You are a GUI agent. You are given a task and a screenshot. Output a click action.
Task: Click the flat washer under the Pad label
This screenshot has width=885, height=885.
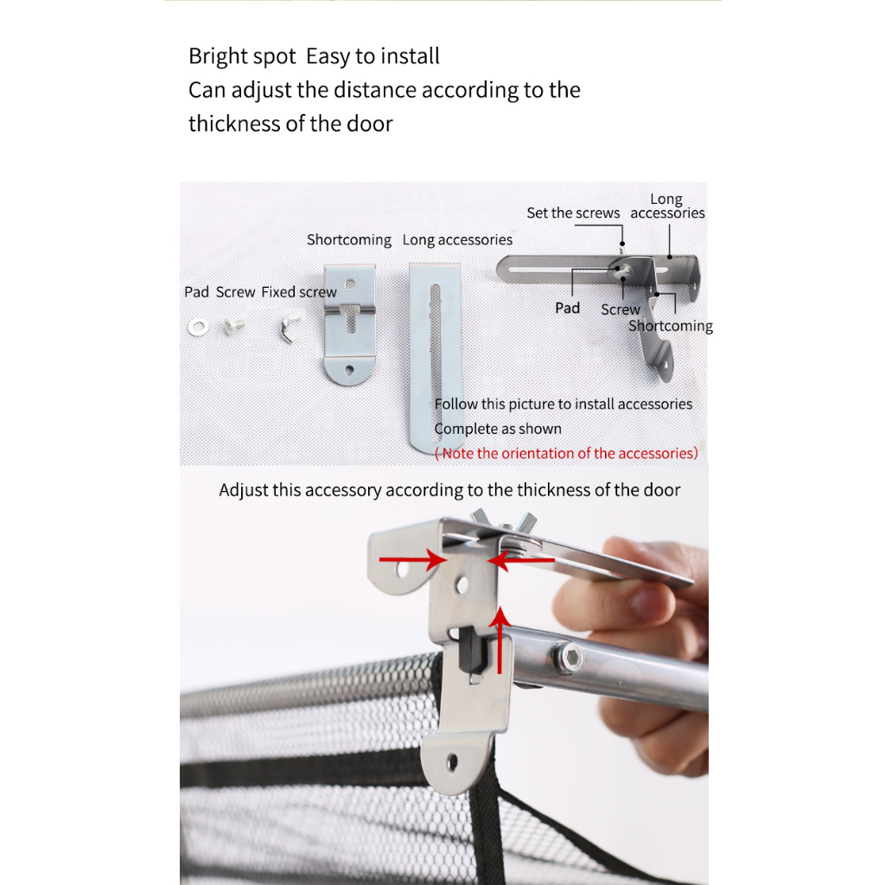(198, 327)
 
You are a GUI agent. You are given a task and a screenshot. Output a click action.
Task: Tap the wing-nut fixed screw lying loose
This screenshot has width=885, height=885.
(289, 328)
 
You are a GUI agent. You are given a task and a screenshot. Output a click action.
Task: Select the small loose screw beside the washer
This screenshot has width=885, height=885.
(233, 326)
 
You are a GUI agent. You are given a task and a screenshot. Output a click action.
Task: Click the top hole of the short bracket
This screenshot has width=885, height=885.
(350, 283)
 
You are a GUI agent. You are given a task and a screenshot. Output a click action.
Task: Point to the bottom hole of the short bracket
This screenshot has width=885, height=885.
(349, 370)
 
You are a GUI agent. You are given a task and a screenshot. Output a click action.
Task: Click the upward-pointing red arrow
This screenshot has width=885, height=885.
(500, 640)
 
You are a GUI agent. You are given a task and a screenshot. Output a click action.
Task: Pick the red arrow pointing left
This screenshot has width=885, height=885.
(520, 560)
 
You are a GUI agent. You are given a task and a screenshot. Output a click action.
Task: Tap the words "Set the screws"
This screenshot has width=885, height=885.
(573, 213)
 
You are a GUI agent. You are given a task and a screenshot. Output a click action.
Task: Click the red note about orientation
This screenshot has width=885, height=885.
(566, 453)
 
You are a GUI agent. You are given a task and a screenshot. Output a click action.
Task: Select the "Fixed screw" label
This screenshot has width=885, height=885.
(298, 292)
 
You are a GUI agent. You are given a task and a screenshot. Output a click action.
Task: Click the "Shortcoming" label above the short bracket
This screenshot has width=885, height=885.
(349, 240)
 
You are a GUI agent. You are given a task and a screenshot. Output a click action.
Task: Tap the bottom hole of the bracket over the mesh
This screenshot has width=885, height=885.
(452, 762)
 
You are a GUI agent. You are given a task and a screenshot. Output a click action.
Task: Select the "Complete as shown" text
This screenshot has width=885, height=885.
(498, 429)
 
